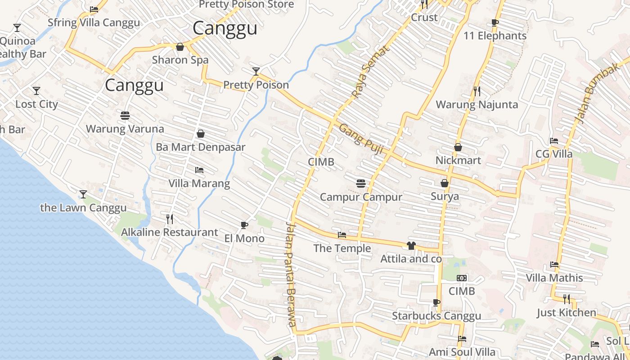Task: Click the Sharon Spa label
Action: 180,60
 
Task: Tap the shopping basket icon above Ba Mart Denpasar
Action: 201,134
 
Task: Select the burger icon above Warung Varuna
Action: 125,116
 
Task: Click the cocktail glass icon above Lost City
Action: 36,91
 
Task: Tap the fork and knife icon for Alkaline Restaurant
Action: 170,219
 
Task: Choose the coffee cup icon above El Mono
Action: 244,225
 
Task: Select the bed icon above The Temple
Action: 342,235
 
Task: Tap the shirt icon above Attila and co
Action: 411,246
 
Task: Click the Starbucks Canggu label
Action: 436,316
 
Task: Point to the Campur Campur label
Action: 361,197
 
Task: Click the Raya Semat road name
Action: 369,72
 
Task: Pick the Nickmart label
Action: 458,160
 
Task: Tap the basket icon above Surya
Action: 445,183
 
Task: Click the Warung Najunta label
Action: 477,105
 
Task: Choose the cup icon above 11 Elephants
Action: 495,23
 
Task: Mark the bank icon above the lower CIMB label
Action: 462,278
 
